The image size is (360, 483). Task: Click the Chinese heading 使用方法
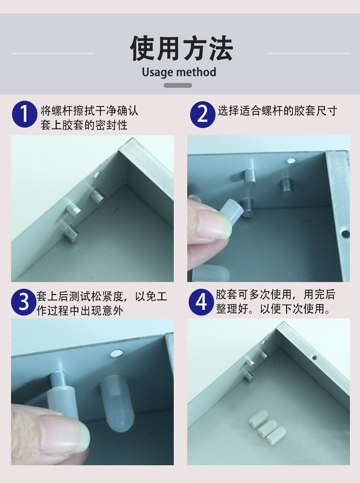click(x=181, y=48)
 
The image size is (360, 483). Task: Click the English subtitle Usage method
click(x=179, y=72)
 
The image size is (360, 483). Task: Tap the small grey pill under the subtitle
click(x=178, y=85)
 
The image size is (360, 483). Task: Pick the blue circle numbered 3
click(x=24, y=302)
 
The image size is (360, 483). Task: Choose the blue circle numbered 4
click(x=202, y=302)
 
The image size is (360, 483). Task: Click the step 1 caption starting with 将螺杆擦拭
click(x=89, y=118)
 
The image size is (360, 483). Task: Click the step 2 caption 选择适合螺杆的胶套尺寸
click(x=277, y=111)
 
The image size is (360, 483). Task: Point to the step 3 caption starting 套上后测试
click(x=102, y=303)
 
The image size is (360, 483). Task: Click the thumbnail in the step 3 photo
click(x=62, y=434)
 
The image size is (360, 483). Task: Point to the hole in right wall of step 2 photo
click(x=345, y=234)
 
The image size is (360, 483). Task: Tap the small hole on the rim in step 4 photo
click(x=314, y=357)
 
